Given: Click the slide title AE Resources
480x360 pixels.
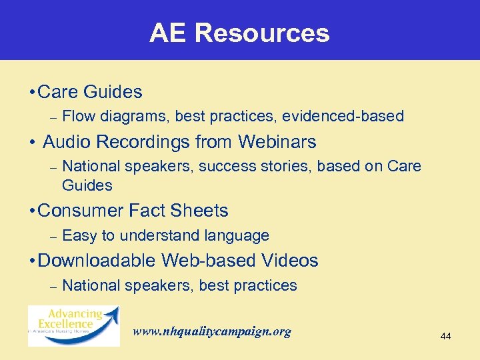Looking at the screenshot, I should (x=239, y=33).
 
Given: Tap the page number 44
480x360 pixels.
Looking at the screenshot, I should (x=445, y=337).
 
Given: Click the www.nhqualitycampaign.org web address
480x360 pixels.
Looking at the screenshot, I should (x=212, y=331).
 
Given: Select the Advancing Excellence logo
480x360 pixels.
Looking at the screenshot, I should (x=73, y=325).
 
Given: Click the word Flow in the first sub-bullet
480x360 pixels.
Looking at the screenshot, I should (x=78, y=117).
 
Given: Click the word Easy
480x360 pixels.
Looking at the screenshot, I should (x=79, y=235).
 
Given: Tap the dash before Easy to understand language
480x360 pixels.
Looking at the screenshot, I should (x=53, y=236).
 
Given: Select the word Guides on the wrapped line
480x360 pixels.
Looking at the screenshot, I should (x=87, y=185).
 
